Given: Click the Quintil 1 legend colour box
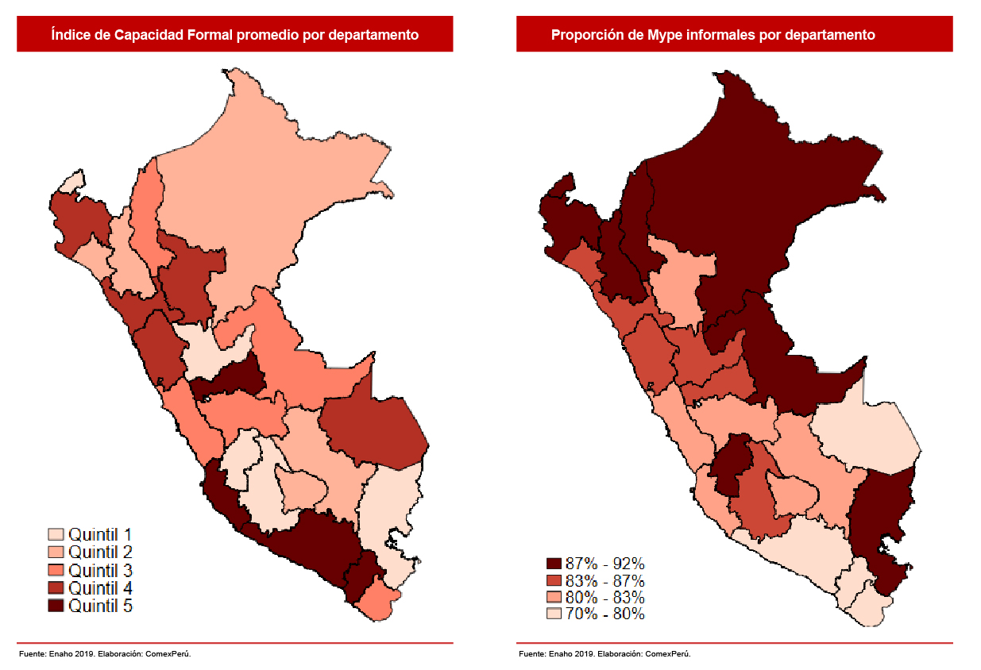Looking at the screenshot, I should click(x=56, y=533).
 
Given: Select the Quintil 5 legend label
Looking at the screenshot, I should click(x=100, y=606).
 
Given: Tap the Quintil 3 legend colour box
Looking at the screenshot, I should click(x=56, y=570).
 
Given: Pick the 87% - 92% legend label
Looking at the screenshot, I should click(x=604, y=563).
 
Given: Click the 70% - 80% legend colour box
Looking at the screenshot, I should click(x=554, y=614).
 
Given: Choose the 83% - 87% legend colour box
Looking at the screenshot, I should click(x=554, y=580).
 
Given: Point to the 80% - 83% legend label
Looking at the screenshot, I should click(x=604, y=597).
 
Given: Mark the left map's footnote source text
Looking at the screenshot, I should click(x=105, y=654).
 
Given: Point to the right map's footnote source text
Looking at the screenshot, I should click(x=604, y=654).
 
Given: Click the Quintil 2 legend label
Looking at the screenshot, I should click(x=100, y=552).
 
